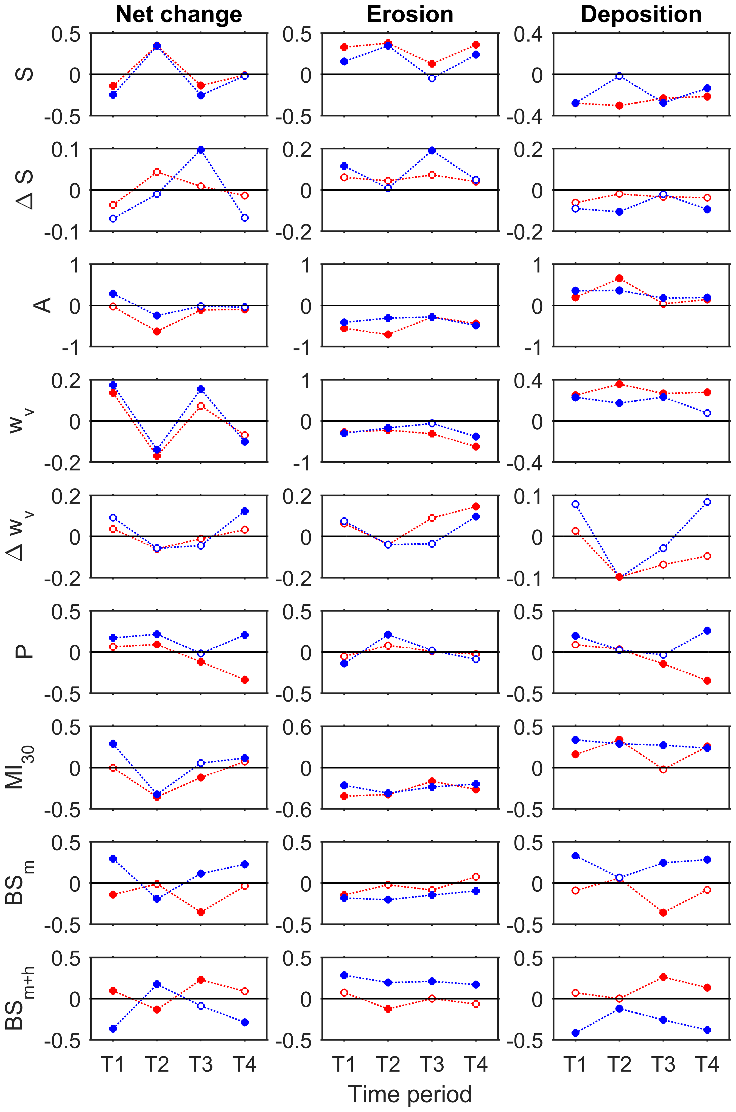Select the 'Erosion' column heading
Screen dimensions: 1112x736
[410, 15]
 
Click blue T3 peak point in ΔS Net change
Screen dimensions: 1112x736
[201, 150]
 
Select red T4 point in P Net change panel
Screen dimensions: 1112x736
[245, 680]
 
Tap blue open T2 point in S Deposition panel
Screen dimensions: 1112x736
[619, 76]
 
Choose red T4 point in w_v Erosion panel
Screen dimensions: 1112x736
[476, 447]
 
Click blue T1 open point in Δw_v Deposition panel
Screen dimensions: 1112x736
[575, 504]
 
